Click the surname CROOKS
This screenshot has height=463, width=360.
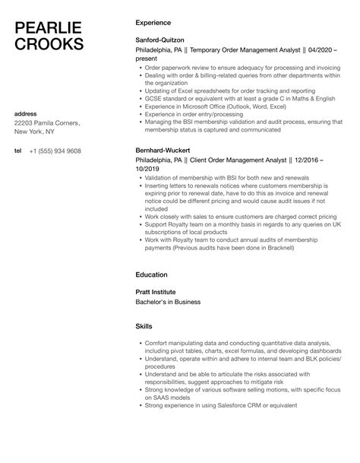tap(49, 45)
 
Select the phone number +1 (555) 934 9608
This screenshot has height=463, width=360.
tap(55, 151)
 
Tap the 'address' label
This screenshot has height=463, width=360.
tap(25, 113)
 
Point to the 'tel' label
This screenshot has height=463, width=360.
tap(17, 151)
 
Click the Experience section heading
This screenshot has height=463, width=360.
tap(152, 23)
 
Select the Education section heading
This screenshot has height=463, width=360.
tap(151, 274)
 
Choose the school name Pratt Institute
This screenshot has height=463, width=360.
tap(155, 291)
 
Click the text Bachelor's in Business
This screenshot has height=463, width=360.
tap(168, 302)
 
